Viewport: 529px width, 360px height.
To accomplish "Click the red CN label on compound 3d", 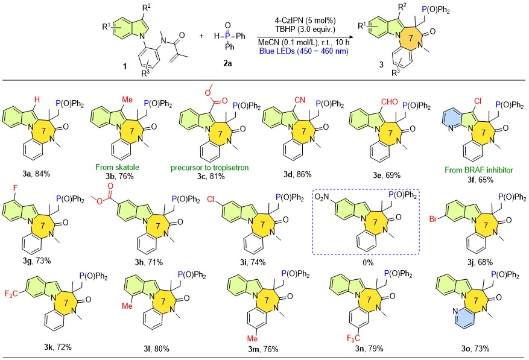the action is tap(299, 100).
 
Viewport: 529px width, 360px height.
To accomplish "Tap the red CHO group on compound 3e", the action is tap(389, 101).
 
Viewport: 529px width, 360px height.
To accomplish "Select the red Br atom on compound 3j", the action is tap(434, 219).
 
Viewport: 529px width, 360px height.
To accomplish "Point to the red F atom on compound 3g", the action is tap(15, 188).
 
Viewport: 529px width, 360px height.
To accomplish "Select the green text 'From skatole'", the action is tap(117, 167).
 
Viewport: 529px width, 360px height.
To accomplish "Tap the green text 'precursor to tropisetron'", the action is tap(209, 168).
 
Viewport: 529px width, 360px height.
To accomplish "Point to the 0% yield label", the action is tap(368, 262).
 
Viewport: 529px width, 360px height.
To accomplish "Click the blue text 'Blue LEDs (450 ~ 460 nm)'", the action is tap(303, 52).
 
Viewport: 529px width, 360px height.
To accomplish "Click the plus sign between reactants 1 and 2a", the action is tap(201, 36).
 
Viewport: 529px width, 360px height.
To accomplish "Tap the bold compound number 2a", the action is tap(227, 63).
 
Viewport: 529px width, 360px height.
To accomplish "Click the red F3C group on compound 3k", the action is tap(11, 294).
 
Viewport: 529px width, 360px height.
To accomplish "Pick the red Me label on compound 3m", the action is tap(252, 338).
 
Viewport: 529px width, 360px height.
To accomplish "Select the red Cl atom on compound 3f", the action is tap(478, 101).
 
